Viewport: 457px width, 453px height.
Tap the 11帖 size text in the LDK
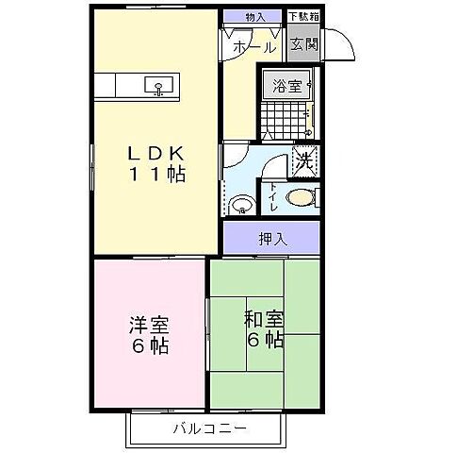click(156, 176)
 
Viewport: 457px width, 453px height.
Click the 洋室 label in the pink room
click(149, 326)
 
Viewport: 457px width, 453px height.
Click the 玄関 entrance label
click(303, 43)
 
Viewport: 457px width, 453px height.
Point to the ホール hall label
click(254, 46)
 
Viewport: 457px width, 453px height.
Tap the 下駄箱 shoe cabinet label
click(303, 16)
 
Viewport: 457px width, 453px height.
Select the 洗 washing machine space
click(304, 159)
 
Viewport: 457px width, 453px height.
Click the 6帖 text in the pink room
click(149, 347)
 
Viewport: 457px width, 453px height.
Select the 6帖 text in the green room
click(265, 341)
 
